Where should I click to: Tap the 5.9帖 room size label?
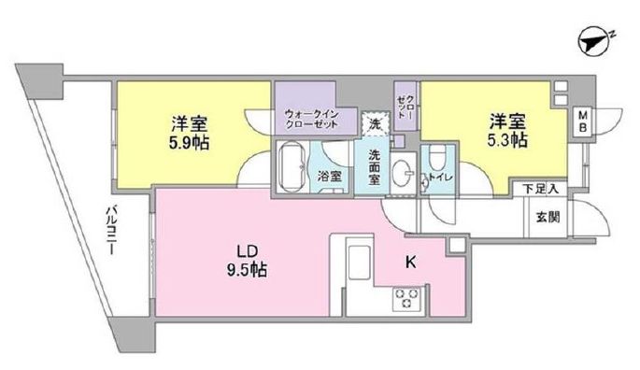tap(190, 143)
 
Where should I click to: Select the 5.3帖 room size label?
tap(507, 140)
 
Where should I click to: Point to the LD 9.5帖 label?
tap(247, 261)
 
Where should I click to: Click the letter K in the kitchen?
tap(410, 263)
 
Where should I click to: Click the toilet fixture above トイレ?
tap(437, 157)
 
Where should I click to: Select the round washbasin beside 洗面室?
tap(404, 173)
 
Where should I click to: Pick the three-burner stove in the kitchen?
tap(405, 299)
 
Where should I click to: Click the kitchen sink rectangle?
tap(359, 262)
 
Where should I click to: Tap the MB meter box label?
tap(583, 121)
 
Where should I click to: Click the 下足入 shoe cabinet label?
tap(540, 189)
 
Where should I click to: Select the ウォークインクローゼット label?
tap(311, 119)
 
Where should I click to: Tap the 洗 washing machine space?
tap(375, 124)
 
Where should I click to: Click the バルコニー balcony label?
tap(111, 231)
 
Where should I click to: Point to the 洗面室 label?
tap(374, 167)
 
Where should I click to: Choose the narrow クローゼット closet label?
tap(405, 107)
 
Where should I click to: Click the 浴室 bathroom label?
tap(330, 177)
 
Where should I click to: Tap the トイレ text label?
tap(440, 178)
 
